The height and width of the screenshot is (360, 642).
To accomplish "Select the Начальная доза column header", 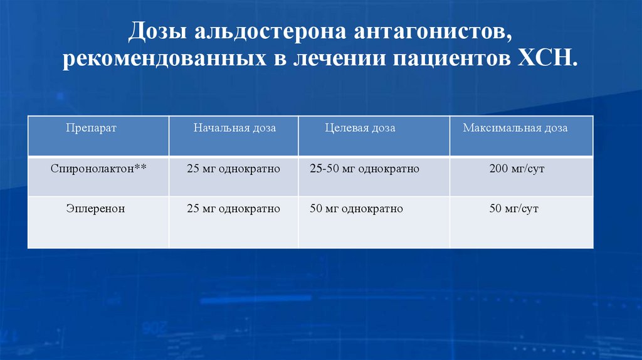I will click(234, 128).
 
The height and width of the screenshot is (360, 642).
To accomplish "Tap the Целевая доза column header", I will click(360, 128).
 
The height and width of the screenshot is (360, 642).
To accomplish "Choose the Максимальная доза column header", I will click(515, 128).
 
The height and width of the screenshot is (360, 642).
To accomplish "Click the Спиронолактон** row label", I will click(100, 169).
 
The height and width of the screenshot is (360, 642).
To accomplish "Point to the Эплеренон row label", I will click(95, 209).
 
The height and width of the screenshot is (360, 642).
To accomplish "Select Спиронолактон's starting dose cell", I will click(233, 169).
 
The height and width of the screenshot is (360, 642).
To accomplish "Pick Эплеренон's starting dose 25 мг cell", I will click(233, 209).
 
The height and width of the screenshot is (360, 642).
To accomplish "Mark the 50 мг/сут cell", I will click(514, 209).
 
